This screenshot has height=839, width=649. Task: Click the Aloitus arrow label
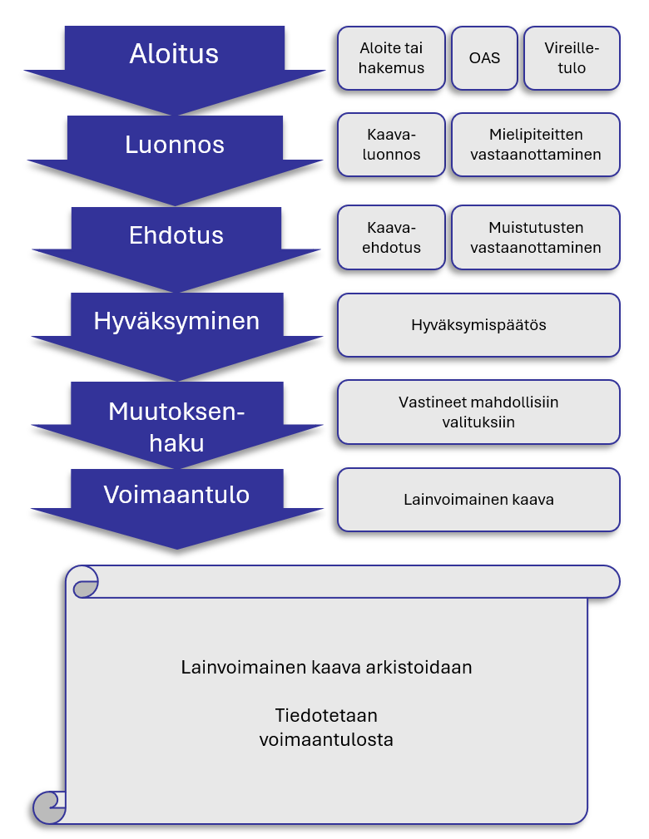pos(174,54)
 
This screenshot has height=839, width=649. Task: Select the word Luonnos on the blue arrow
pos(175,145)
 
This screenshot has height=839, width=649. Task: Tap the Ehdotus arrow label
pos(176,235)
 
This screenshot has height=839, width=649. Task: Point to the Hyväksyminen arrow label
pos(176,321)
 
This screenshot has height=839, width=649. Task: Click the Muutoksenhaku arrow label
pos(176,427)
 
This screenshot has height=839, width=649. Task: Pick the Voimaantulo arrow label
pos(176,495)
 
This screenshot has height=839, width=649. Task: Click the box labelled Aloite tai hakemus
pos(391,58)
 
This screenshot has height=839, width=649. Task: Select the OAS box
pos(484,58)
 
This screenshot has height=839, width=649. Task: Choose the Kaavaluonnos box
pos(391,145)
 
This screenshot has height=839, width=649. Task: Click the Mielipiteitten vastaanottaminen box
pos(535,145)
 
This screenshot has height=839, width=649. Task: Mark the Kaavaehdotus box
pos(391,237)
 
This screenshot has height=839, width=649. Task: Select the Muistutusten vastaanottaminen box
pos(535,237)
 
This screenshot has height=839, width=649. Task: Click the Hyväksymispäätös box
pos(478,325)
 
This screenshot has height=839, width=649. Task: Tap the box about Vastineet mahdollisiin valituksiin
pos(478,412)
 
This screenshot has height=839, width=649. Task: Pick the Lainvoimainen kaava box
pos(478,500)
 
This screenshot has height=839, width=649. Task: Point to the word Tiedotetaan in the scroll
pos(326,716)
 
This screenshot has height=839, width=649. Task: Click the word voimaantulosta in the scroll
pos(326,739)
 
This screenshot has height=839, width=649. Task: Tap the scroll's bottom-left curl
pos(48,807)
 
